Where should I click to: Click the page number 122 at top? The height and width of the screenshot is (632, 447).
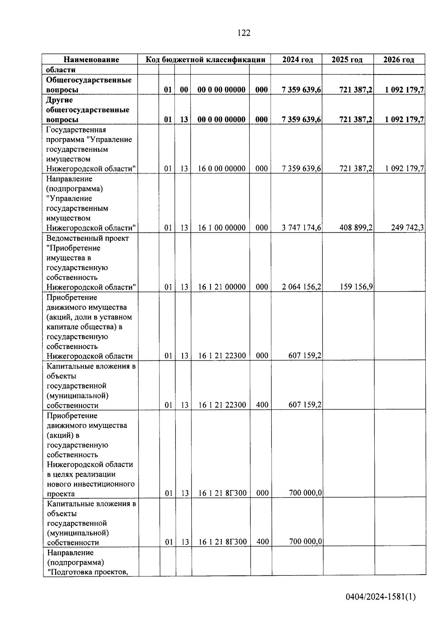click(244, 33)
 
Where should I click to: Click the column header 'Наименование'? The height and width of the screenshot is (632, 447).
click(91, 60)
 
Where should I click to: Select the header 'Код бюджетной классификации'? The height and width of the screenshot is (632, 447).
click(205, 60)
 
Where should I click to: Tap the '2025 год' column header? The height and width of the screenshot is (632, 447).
click(347, 60)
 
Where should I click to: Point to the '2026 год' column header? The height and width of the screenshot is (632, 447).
click(399, 60)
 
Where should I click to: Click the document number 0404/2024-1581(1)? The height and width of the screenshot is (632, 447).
click(380, 597)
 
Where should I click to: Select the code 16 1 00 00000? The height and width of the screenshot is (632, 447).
click(222, 228)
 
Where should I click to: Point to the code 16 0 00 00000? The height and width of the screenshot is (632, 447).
click(222, 168)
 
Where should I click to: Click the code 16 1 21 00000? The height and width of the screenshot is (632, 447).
click(222, 287)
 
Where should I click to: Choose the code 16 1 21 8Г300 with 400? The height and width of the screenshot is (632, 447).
click(222, 542)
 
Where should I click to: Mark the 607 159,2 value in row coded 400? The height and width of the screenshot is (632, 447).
click(305, 404)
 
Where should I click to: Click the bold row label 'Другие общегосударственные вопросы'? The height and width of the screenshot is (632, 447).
click(88, 110)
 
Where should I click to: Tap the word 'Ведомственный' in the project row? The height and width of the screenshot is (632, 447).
click(69, 238)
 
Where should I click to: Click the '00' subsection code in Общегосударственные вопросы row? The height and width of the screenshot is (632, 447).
click(184, 90)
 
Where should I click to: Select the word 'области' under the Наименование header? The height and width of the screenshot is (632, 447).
click(61, 70)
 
